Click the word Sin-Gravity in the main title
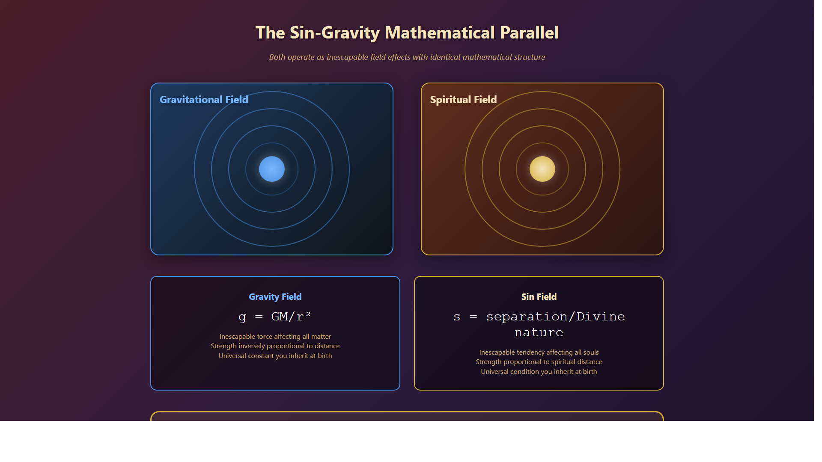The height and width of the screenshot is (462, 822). (334, 33)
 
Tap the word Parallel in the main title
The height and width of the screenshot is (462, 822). (529, 33)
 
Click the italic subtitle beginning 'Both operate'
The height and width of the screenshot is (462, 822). (407, 57)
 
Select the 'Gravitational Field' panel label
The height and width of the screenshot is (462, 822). (204, 100)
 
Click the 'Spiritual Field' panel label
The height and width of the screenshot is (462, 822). (463, 100)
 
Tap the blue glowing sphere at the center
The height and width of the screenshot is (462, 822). (272, 169)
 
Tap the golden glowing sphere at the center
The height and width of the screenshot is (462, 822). (542, 169)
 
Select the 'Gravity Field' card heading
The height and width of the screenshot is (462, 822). (275, 297)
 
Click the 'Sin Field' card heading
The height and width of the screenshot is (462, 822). (539, 297)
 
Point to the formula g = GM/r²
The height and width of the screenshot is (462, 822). (275, 317)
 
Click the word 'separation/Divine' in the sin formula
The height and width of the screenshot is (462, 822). (555, 317)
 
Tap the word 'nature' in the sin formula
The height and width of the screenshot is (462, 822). (539, 333)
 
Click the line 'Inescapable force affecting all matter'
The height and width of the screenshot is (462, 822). (275, 337)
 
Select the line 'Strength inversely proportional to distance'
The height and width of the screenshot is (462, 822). (275, 346)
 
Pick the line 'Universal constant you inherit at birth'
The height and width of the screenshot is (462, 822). (275, 356)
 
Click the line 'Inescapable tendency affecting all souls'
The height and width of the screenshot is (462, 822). (539, 352)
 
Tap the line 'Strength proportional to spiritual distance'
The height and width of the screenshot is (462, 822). (539, 362)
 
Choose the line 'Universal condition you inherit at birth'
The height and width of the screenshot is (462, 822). (539, 372)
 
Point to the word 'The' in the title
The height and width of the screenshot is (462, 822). (270, 33)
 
